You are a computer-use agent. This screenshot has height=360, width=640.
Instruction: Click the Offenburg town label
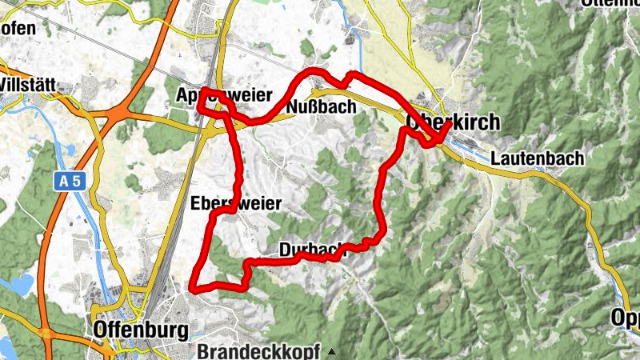click(x=141, y=330)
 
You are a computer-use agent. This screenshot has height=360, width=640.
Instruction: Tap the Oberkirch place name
click(x=453, y=122)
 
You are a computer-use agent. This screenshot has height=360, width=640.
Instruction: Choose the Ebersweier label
click(x=236, y=204)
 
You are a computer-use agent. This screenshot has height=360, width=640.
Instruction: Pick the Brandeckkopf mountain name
click(x=258, y=351)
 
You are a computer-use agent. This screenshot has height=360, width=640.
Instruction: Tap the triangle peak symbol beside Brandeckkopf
click(x=331, y=351)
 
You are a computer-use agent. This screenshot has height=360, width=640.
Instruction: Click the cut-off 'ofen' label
click(x=18, y=29)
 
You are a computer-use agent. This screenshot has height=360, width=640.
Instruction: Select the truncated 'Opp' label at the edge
click(x=626, y=317)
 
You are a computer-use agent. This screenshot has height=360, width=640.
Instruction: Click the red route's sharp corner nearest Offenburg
click(x=191, y=286)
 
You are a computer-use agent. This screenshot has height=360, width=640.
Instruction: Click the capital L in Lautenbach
click(x=497, y=158)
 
